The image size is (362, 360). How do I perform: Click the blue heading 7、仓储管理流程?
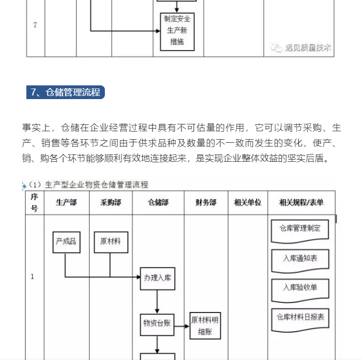(x=65, y=92)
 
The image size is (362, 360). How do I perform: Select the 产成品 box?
(x=66, y=241)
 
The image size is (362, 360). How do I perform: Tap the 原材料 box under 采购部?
(x=111, y=241)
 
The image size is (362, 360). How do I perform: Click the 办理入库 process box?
(x=157, y=278)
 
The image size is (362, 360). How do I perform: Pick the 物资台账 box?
(x=157, y=324)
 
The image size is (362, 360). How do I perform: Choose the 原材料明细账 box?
(x=205, y=325)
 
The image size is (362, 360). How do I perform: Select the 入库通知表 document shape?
(x=300, y=259)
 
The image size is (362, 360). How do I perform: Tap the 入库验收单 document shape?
(x=300, y=288)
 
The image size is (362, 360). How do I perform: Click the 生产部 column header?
(x=66, y=202)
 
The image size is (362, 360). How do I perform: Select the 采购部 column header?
(x=111, y=202)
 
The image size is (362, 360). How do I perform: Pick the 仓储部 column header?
(x=158, y=202)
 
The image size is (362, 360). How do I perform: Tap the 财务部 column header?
(x=206, y=202)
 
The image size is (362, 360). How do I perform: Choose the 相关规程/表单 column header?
(x=301, y=202)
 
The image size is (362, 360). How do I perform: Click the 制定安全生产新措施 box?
(x=178, y=31)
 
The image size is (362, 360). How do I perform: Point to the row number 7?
(x=35, y=25)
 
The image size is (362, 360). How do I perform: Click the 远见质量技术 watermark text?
(x=308, y=47)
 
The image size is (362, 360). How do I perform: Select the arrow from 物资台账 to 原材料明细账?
(x=182, y=326)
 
